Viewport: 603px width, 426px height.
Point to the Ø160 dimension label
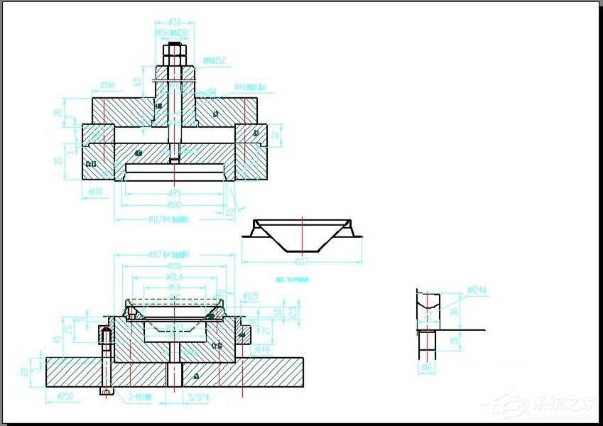(107, 86)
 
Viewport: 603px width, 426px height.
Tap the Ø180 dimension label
(96, 192)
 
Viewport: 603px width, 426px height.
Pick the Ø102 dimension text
(174, 205)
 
